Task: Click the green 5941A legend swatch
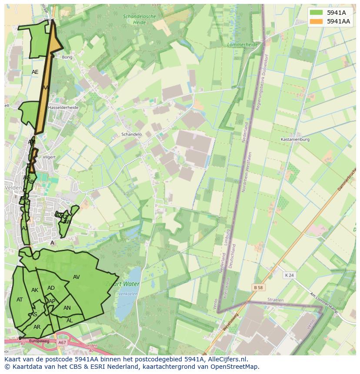pos(316,13)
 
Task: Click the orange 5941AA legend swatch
pos(316,21)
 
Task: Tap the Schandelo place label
pos(131,134)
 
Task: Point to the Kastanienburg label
pos(295,139)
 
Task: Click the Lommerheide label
pos(243,44)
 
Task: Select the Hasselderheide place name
pos(63,107)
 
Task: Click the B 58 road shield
pos(259,288)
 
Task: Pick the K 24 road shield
pos(289,275)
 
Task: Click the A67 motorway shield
pos(62,343)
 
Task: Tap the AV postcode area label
pos(77,277)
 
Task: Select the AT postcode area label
pos(20,300)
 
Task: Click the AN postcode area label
pos(67,308)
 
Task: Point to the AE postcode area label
pos(35,72)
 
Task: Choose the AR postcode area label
pos(37,327)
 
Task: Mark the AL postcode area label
pos(70,321)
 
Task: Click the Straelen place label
pos(275,300)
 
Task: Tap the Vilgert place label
pos(49,157)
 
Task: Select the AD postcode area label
pos(51,288)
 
